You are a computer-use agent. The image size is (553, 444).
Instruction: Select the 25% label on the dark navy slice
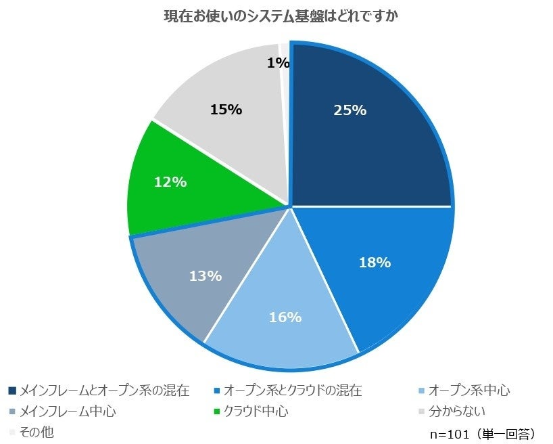pyautogui.click(x=350, y=110)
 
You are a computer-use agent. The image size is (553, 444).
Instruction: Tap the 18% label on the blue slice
pyautogui.click(x=374, y=263)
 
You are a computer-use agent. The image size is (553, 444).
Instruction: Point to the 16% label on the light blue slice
pyautogui.click(x=285, y=317)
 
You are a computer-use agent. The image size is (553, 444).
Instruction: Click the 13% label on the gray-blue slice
pyautogui.click(x=206, y=275)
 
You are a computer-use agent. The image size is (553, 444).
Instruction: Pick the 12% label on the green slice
pyautogui.click(x=170, y=182)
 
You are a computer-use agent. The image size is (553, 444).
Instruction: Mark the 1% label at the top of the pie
pyautogui.click(x=278, y=63)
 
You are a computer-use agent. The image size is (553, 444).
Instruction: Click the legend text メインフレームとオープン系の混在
pyautogui.click(x=104, y=391)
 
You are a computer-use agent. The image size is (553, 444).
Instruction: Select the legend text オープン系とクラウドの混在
pyautogui.click(x=293, y=391)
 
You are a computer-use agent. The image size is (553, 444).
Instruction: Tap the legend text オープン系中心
pyautogui.click(x=469, y=391)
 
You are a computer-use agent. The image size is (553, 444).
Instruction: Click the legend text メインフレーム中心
pyautogui.click(x=68, y=411)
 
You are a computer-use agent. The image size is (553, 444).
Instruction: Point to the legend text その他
pyautogui.click(x=37, y=431)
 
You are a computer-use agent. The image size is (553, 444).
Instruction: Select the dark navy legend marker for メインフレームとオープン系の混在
pyautogui.click(x=12, y=391)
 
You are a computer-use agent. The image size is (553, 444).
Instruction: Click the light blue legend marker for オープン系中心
pyautogui.click(x=422, y=391)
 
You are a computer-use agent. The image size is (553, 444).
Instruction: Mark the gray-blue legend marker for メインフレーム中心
pyautogui.click(x=12, y=411)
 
